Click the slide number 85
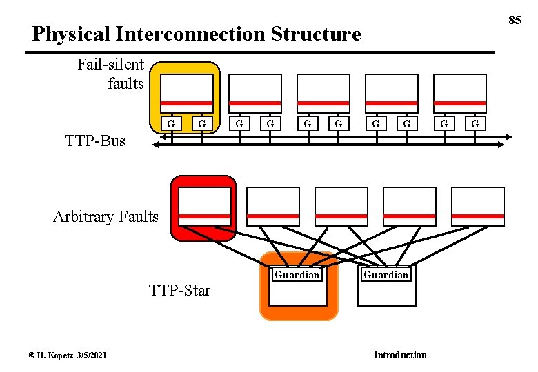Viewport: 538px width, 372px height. pyautogui.click(x=515, y=20)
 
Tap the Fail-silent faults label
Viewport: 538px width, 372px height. pyautogui.click(x=110, y=74)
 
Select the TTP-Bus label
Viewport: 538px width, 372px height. pyautogui.click(x=95, y=141)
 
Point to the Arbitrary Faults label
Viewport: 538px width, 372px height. pyautogui.click(x=106, y=217)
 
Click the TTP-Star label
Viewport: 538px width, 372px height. pyautogui.click(x=179, y=290)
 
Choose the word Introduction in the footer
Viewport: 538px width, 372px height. pyautogui.click(x=400, y=355)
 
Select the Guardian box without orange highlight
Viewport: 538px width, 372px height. pyautogui.click(x=386, y=285)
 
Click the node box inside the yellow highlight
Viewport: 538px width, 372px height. pyautogui.click(x=187, y=94)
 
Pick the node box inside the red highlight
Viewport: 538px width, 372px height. pyautogui.click(x=205, y=207)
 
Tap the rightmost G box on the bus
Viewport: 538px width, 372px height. pyautogui.click(x=474, y=123)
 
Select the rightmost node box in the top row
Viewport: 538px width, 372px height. pyautogui.click(x=459, y=94)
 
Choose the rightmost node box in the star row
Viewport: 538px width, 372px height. pyautogui.click(x=478, y=207)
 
